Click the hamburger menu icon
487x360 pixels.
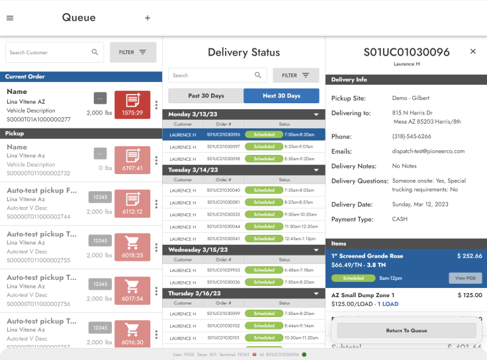point(10,18)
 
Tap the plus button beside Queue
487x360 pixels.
point(148,18)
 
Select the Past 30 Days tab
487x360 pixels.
point(206,96)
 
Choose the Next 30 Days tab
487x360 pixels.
point(281,96)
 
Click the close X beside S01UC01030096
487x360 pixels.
point(472,52)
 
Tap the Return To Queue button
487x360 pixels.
point(406,330)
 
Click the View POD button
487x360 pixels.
point(465,279)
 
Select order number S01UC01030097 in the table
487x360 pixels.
point(223,147)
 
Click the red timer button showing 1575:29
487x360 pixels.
point(132,105)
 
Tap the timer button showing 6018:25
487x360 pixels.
point(132,247)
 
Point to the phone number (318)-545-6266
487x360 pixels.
point(411,136)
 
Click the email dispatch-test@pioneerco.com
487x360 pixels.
point(428,151)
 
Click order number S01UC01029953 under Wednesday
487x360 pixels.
point(223,270)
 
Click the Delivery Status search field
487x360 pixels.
point(210,75)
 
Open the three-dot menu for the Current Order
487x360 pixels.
point(156,105)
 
